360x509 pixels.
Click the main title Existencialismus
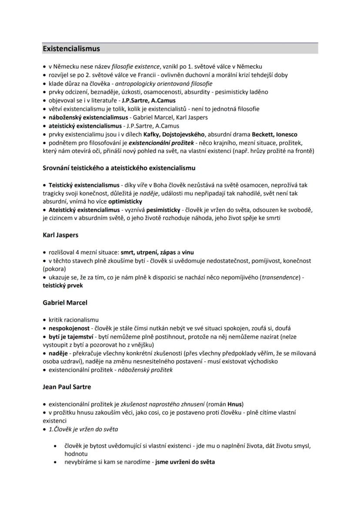tap(71, 49)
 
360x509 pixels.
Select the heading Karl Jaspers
tap(60, 235)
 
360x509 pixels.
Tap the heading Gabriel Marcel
tap(65, 303)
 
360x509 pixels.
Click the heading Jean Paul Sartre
tap(67, 386)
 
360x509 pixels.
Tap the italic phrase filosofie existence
tap(135, 67)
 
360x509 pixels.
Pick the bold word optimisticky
tap(125, 202)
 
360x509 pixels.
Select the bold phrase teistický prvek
tap(63, 286)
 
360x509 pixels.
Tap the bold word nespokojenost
tap(69, 328)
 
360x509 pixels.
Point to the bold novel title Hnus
tap(235, 404)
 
